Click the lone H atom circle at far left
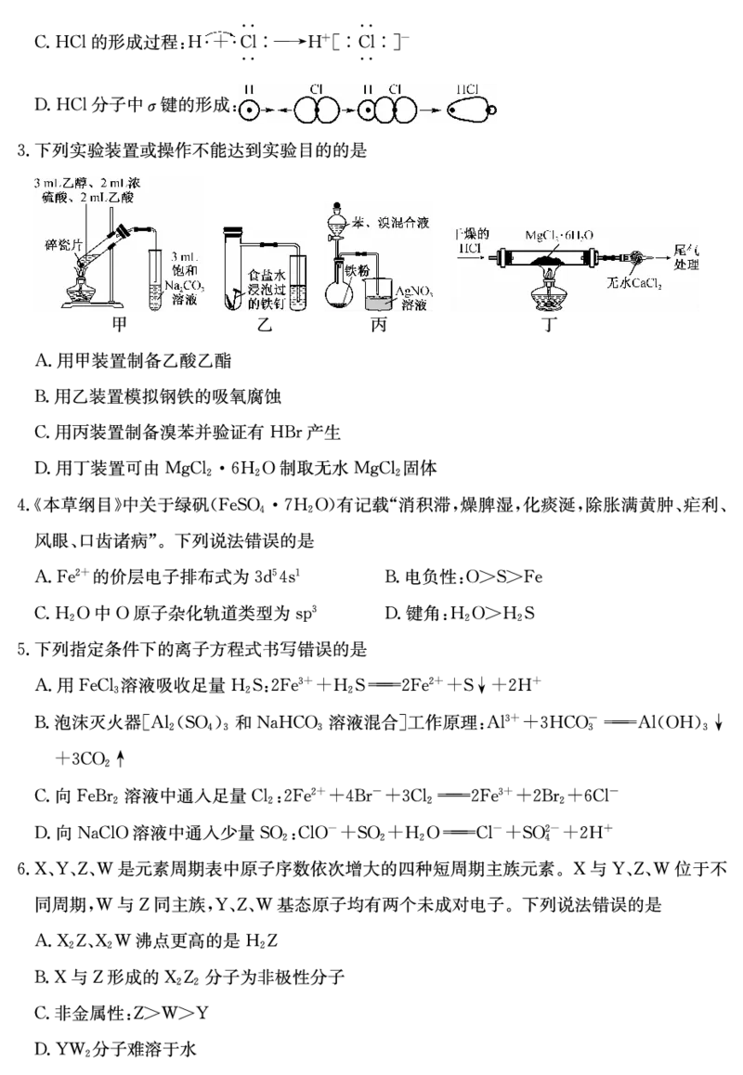click(248, 110)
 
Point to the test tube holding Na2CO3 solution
click(156, 278)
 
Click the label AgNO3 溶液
click(415, 298)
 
